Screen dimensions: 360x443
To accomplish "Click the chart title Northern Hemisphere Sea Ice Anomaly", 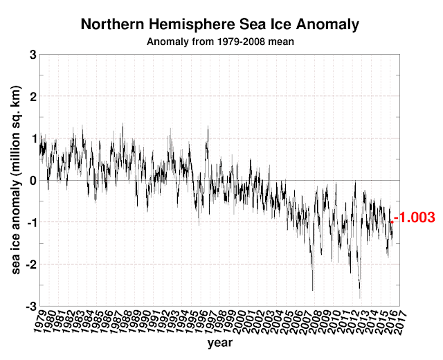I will click(x=220, y=25).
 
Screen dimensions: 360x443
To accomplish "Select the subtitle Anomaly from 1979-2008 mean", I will click(x=220, y=41).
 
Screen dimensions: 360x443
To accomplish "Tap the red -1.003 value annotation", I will click(x=415, y=217).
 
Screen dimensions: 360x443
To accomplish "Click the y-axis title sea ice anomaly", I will click(x=15, y=180).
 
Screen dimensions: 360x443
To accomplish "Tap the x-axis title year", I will click(x=219, y=343).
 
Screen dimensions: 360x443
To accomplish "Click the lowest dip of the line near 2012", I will click(x=360, y=298).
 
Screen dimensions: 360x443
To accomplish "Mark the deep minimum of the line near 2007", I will click(x=313, y=289).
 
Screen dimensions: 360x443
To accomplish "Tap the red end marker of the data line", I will click(x=392, y=222).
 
